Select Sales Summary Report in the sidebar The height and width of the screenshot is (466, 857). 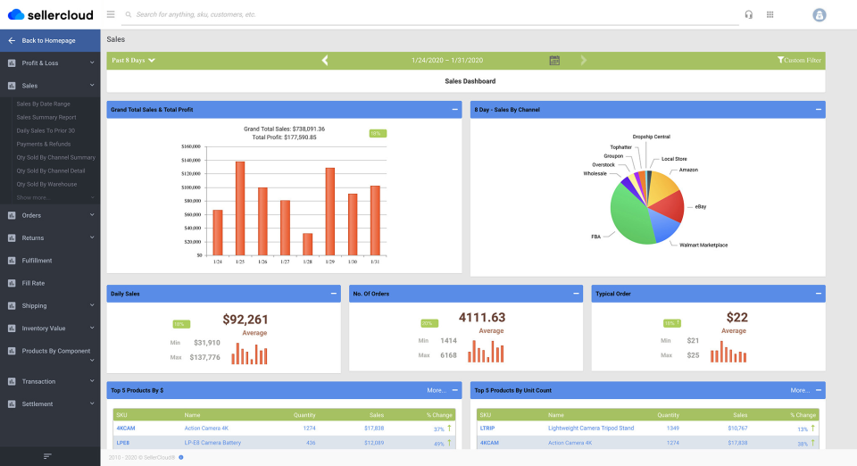46,117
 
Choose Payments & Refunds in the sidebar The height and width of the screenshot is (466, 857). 44,144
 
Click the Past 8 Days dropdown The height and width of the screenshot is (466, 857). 133,61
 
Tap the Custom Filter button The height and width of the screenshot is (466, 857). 799,61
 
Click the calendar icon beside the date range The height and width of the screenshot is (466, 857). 554,61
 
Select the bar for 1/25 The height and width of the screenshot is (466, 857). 240,208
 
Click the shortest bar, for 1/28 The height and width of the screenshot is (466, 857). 307,244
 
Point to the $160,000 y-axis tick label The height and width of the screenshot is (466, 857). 191,146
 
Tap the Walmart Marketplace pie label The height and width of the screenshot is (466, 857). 703,245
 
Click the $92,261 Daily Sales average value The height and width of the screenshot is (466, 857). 245,319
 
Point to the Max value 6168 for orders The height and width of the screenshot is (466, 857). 448,355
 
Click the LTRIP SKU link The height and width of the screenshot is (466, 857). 487,429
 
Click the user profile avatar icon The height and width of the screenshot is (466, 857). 819,14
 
